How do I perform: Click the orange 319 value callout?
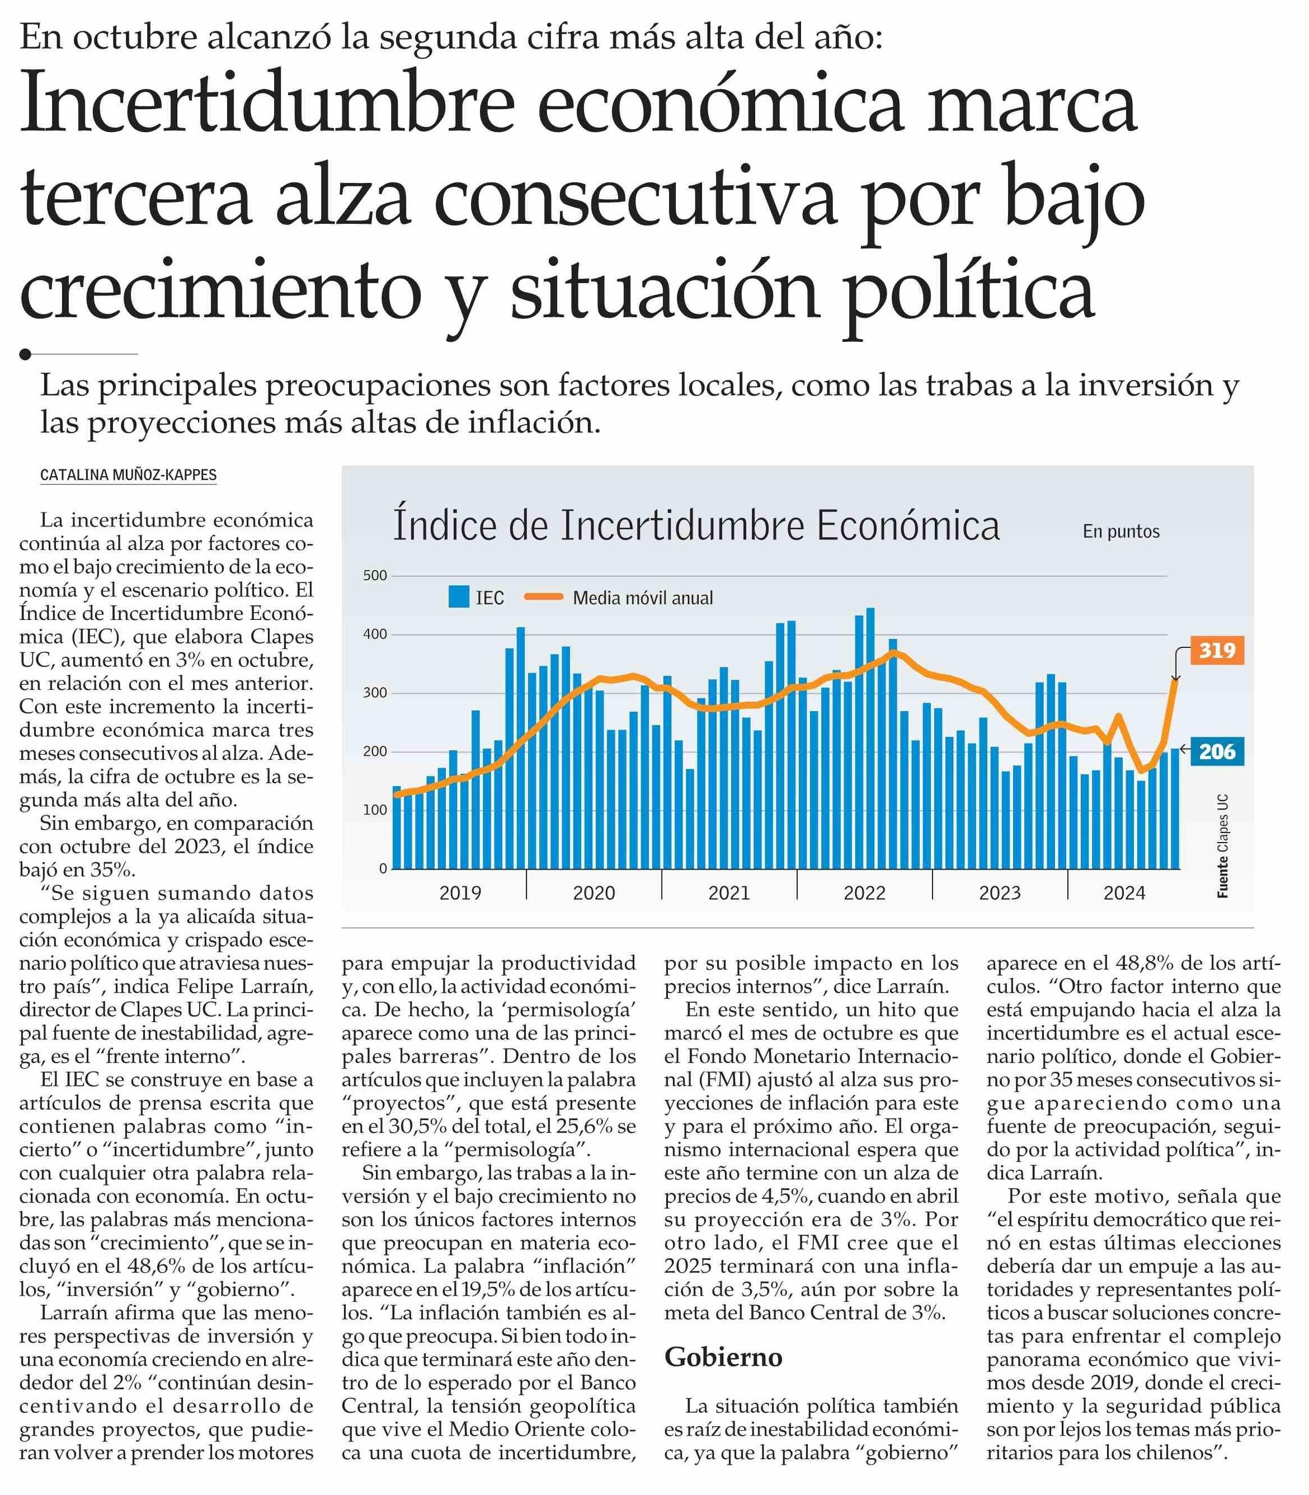click(1216, 650)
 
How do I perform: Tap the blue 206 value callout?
click(1216, 751)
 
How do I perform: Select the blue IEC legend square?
click(458, 597)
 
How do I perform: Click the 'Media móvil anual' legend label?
click(642, 598)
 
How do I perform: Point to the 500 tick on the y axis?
click(375, 576)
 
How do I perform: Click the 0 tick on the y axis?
click(383, 869)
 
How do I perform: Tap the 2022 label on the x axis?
click(864, 892)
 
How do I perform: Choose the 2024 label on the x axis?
click(1124, 892)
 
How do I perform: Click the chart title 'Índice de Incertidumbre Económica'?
click(696, 526)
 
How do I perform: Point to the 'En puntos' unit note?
click(1120, 531)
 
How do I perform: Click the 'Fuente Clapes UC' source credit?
click(1222, 845)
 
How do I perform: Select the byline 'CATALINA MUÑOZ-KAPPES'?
click(129, 475)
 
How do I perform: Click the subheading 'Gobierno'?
click(723, 1357)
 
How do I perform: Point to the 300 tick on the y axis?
click(375, 693)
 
